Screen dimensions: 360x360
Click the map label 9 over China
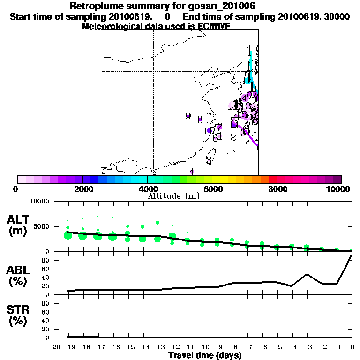(188, 116)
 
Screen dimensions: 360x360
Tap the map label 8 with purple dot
(200, 119)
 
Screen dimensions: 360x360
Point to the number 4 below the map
(191, 172)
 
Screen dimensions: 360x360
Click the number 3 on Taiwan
(209, 159)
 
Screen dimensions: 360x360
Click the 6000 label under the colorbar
(212, 189)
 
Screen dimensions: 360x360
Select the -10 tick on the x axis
(202, 347)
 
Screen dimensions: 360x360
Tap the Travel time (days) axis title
(205, 356)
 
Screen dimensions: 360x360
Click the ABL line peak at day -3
(307, 274)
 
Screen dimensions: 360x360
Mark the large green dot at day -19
(68, 235)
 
